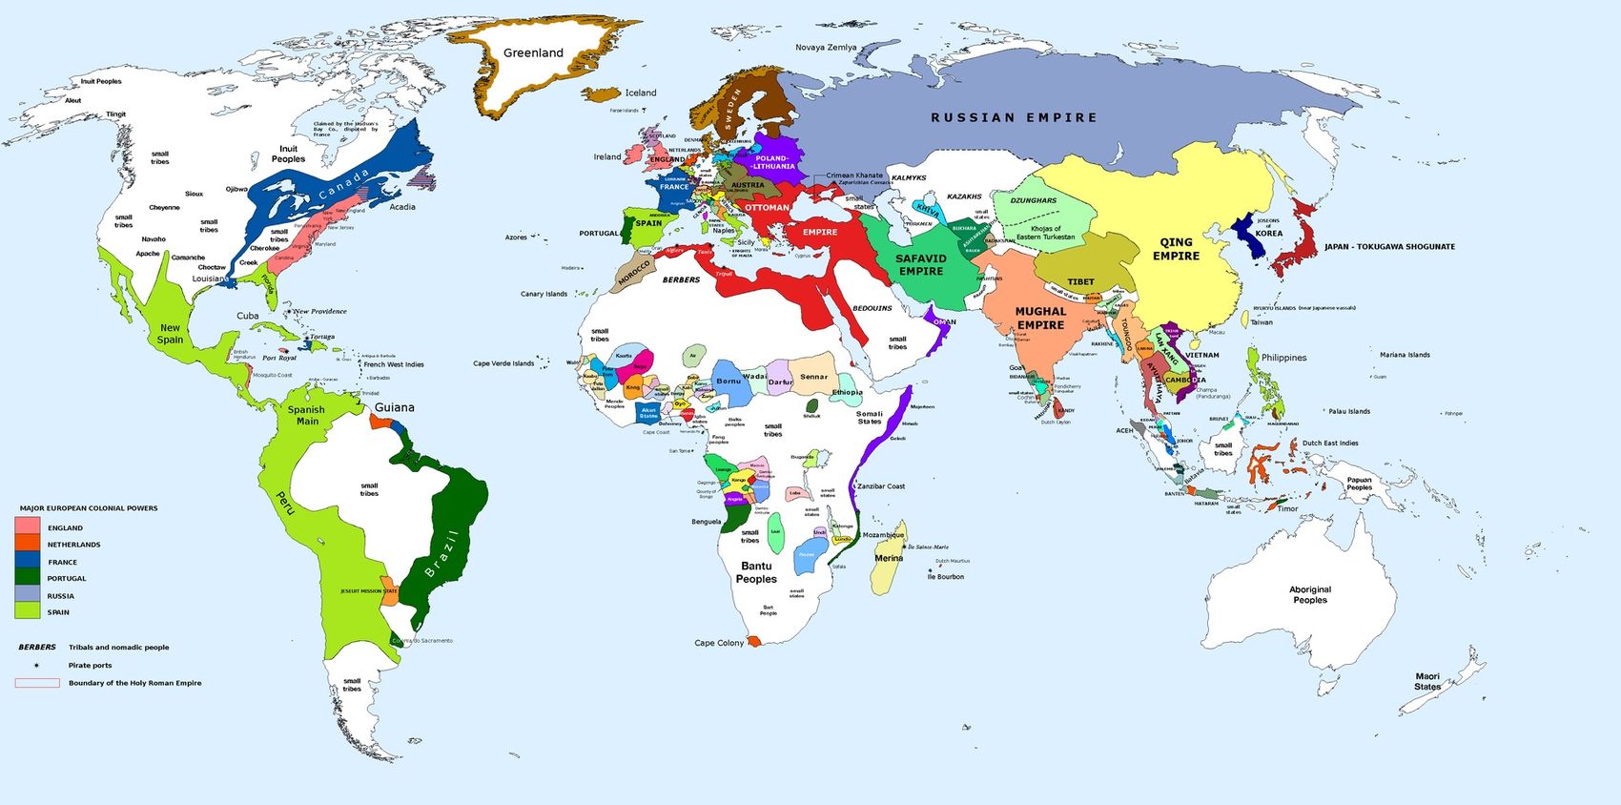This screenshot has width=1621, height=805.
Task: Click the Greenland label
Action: pos(533,53)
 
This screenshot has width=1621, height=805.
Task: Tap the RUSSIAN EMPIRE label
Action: pos(1014,117)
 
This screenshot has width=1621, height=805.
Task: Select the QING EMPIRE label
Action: pos(1176,249)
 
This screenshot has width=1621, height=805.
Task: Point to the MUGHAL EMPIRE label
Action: pos(1040,318)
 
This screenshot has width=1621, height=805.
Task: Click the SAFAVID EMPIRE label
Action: pos(920,264)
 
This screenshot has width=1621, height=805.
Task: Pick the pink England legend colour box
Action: pos(27,526)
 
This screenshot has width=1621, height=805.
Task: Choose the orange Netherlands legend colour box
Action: pos(27,544)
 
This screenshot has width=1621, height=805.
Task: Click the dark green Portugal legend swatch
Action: pos(27,577)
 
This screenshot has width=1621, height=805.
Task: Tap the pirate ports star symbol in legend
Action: pos(36,665)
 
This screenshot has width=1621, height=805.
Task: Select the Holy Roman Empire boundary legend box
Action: pos(36,683)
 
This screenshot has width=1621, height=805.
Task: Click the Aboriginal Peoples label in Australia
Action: pos(1310,594)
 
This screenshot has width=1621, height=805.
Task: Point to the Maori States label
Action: pos(1427,681)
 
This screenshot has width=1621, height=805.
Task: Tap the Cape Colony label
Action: pos(719,643)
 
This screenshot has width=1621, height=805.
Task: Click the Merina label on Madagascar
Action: pos(889,558)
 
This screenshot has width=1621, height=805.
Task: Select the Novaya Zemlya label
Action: pos(826,47)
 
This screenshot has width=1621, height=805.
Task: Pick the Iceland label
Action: pos(641,93)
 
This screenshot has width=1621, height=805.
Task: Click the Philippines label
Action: pos(1283,358)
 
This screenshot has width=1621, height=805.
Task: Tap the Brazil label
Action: pos(441,553)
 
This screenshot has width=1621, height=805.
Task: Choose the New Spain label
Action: pos(170,333)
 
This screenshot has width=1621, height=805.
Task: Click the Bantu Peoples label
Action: pos(756,572)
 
